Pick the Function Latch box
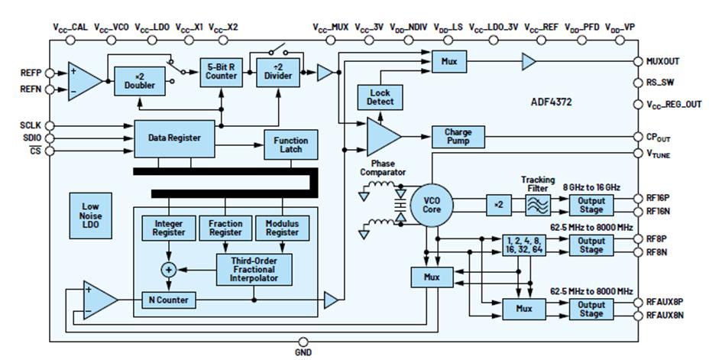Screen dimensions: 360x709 coord(290,144)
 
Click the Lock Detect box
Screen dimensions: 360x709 coord(380,98)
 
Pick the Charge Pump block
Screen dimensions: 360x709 coord(458,137)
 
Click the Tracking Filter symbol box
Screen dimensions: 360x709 coord(538,205)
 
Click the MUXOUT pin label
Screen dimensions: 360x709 coord(664,61)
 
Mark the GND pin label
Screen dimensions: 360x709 coord(303,352)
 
